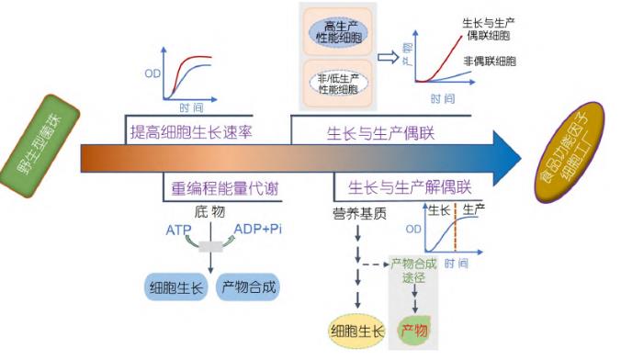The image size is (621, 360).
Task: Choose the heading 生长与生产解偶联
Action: click(405, 187)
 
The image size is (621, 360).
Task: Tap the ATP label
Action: click(180, 229)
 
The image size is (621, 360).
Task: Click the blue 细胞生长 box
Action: click(177, 287)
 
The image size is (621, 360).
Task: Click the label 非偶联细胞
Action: click(488, 62)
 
